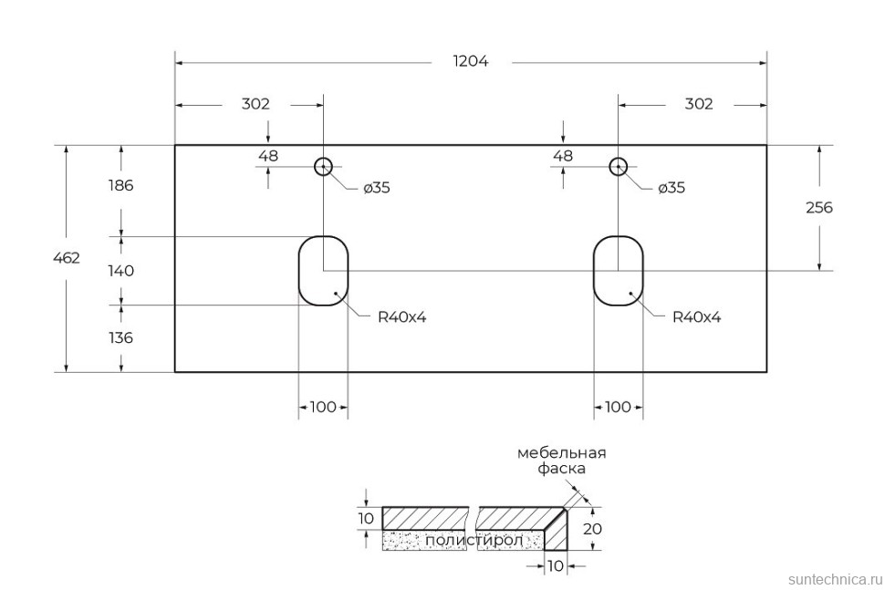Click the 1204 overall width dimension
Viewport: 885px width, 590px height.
471,62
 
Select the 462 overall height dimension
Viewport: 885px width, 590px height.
67,258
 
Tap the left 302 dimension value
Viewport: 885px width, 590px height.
255,104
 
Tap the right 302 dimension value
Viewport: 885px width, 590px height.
698,104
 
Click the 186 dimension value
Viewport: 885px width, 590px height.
120,185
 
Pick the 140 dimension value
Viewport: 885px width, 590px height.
120,271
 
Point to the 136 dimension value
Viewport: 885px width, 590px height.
120,337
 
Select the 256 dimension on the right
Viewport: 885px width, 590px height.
818,208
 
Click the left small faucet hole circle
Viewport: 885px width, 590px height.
323,166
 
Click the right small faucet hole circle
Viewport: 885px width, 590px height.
619,166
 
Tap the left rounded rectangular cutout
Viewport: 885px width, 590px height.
323,271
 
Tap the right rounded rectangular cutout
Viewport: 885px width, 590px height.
618,271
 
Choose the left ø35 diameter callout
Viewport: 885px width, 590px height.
376,188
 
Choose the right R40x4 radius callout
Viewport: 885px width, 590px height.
696,317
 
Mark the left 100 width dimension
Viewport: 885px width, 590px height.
323,407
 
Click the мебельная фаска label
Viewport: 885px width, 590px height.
561,461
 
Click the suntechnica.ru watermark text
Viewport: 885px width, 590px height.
834,578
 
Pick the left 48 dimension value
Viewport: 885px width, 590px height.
268,156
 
